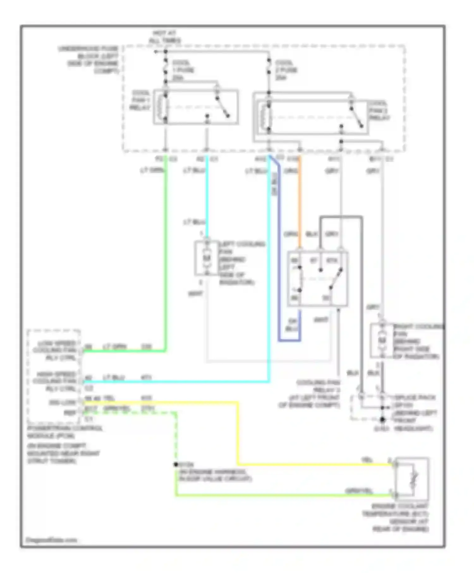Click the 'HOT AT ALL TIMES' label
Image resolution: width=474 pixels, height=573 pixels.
point(165,37)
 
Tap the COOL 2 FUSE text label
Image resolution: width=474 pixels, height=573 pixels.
point(286,70)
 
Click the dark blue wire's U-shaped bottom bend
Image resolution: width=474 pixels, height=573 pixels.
point(289,341)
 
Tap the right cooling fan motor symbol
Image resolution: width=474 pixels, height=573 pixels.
point(382,341)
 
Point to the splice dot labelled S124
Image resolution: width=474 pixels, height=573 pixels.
point(176,465)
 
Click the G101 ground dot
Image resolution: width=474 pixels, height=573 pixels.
point(382,420)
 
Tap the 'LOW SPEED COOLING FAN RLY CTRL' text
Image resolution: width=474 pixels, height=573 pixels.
point(55,351)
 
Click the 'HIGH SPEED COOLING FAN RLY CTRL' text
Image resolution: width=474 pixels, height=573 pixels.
point(55,381)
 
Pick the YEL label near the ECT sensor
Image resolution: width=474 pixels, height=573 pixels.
point(367,461)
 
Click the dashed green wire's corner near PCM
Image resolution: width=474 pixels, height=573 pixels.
point(175,413)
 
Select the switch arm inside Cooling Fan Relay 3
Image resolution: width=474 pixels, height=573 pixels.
point(336,279)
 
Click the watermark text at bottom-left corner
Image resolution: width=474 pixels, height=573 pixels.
point(51,540)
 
